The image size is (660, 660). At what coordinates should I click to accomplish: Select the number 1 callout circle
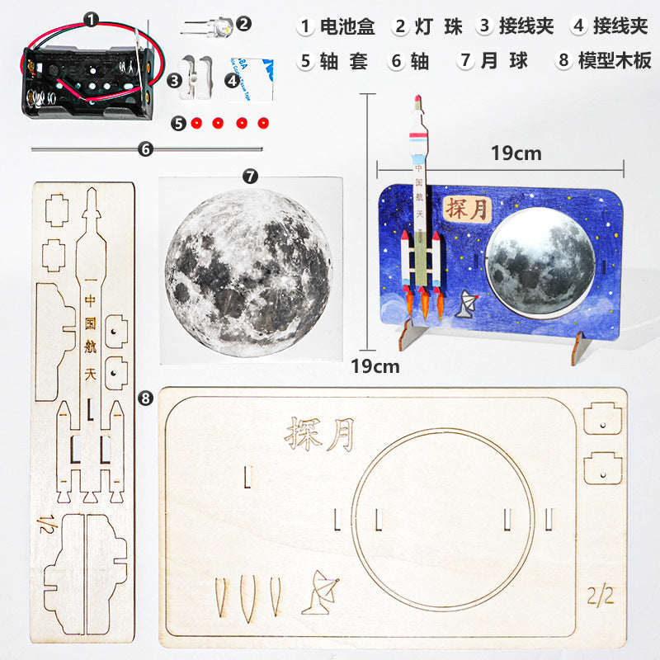click(90, 17)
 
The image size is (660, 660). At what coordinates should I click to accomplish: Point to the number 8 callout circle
click(145, 398)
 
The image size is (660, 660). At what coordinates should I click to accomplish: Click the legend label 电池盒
click(347, 26)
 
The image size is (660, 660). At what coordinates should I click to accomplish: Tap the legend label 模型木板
click(615, 61)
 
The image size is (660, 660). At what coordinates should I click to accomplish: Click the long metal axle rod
click(147, 149)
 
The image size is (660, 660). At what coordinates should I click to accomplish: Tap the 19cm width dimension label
click(516, 153)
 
